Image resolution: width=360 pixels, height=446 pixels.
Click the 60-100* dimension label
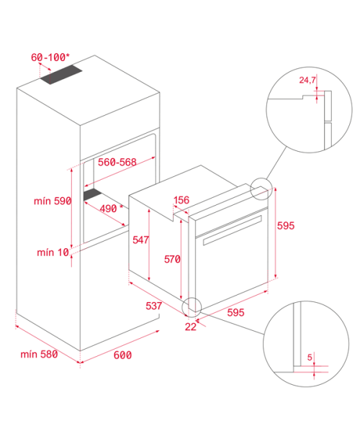pyautogui.click(x=50, y=58)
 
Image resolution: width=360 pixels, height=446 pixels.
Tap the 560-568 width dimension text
pyautogui.click(x=117, y=162)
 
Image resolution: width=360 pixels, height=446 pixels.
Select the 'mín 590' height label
pyautogui.click(x=53, y=201)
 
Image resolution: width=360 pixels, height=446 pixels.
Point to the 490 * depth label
pyautogui.click(x=112, y=209)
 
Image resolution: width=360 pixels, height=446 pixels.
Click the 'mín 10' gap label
pyautogui.click(x=53, y=252)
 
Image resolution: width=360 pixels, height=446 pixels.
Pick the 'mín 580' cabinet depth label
pyautogui.click(x=39, y=354)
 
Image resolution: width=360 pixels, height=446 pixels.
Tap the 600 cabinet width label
pyautogui.click(x=122, y=355)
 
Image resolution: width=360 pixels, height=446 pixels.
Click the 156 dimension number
pyautogui.click(x=181, y=200)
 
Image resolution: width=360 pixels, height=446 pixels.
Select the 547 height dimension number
pyautogui.click(x=141, y=240)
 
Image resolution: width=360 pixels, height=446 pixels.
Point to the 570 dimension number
pyautogui.click(x=172, y=259)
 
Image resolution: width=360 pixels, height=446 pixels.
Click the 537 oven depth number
pyautogui.click(x=153, y=306)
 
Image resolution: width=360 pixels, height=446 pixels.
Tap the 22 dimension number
pyautogui.click(x=191, y=327)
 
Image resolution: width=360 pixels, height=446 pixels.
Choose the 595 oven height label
pyautogui.click(x=286, y=226)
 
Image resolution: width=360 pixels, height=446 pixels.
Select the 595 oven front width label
pyautogui.click(x=235, y=313)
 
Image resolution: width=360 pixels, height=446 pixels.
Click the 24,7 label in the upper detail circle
pyautogui.click(x=307, y=81)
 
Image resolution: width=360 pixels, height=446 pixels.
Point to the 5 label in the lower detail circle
pyautogui.click(x=310, y=358)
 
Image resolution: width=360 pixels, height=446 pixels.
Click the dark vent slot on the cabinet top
pyautogui.click(x=61, y=75)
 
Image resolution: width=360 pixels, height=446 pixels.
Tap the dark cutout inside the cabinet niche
pyautogui.click(x=92, y=194)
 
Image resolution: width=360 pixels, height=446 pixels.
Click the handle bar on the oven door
pyautogui.click(x=232, y=230)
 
